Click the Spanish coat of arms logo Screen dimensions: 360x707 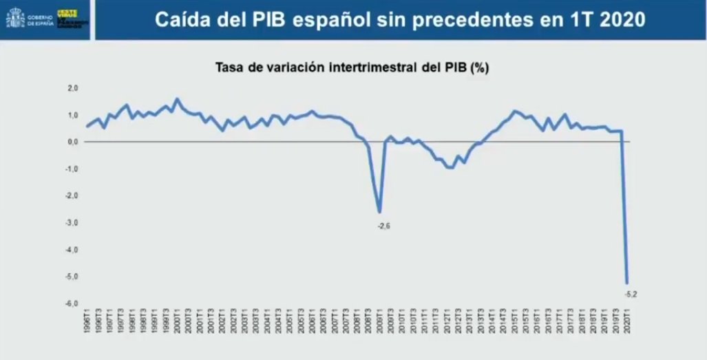point(14,19)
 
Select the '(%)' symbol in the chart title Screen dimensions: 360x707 point(479,68)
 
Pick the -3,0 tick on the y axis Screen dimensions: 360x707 point(73,222)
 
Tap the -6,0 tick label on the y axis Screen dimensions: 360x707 point(73,304)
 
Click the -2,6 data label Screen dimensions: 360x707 point(384,226)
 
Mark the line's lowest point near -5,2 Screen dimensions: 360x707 point(627,283)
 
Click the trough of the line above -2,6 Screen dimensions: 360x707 point(379,212)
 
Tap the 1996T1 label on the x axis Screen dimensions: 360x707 point(87,324)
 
